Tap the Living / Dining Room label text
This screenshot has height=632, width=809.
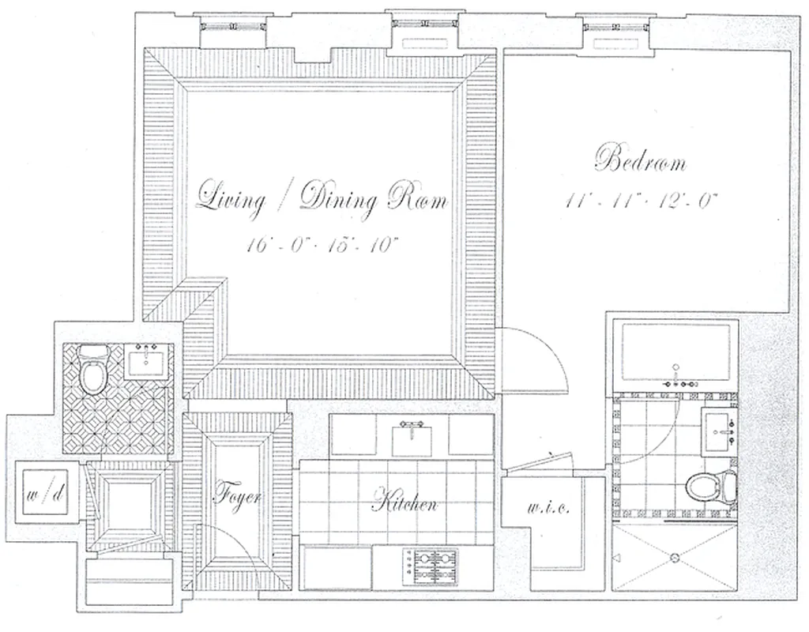click(322, 198)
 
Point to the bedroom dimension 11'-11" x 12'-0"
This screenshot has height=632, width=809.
click(641, 201)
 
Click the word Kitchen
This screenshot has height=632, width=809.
click(404, 502)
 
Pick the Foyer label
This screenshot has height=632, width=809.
click(237, 497)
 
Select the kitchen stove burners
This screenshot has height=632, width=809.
click(430, 563)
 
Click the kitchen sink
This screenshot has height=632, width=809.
click(413, 437)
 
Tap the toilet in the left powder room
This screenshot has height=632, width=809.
click(93, 372)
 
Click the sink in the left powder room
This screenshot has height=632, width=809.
click(146, 363)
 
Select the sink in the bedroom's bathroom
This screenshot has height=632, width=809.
click(720, 431)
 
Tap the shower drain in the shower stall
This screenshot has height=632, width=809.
click(675, 558)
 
